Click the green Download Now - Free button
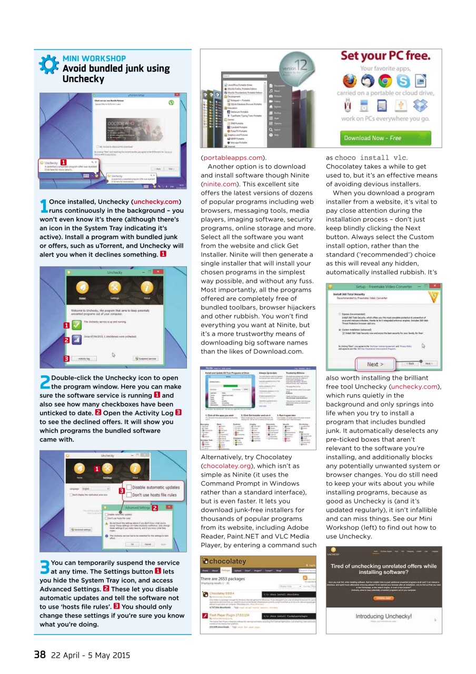(x=373, y=138)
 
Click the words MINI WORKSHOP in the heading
(x=94, y=58)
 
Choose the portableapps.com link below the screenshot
(x=233, y=157)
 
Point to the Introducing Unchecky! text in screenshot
(x=383, y=616)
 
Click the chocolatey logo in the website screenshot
(x=225, y=561)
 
